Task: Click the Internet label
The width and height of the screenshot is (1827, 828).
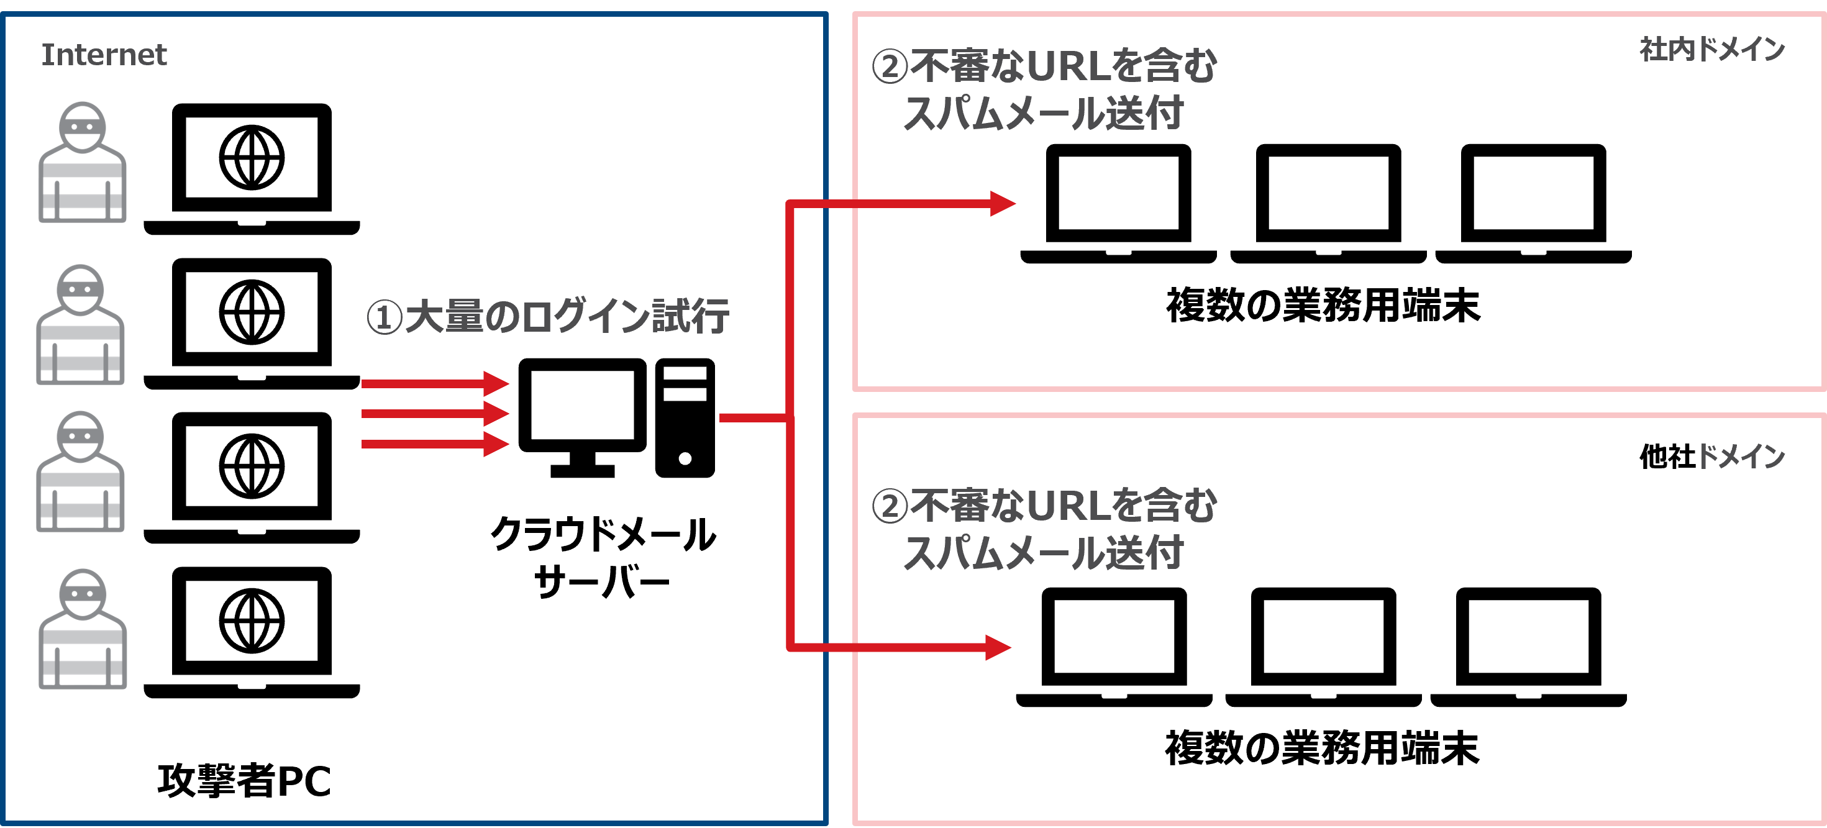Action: coord(104,55)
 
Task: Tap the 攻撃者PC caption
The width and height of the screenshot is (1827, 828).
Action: coord(244,781)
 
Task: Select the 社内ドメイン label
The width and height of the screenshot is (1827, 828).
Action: coord(1711,50)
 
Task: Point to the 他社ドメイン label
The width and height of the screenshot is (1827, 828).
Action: coord(1711,457)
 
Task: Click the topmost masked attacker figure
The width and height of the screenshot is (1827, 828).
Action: coord(82,163)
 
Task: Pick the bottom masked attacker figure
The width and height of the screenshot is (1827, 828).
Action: coord(82,629)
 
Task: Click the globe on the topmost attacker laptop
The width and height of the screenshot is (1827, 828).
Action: coord(252,157)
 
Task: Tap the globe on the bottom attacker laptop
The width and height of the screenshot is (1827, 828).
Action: coord(252,621)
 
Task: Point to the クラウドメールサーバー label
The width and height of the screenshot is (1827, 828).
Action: coord(603,557)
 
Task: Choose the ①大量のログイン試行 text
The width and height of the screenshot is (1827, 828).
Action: coord(547,316)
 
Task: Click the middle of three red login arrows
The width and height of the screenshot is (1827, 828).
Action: coord(434,413)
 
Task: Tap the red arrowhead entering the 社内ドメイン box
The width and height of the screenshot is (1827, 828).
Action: coord(1001,204)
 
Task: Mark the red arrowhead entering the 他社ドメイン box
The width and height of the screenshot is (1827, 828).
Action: coord(997,647)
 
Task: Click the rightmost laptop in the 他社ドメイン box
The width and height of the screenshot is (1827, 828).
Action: coord(1528,646)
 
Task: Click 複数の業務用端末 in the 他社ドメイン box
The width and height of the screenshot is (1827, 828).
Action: coord(1322,748)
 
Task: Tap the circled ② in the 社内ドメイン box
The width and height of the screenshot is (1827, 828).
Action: coord(890,66)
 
